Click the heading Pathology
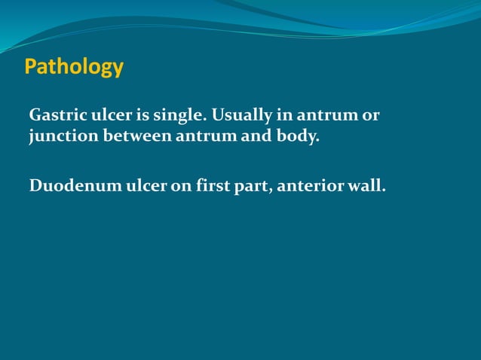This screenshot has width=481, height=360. pos(74,68)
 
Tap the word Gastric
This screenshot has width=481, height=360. pos(55,117)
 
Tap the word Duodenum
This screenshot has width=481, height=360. pos(65,185)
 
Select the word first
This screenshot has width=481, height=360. pos(213,185)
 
